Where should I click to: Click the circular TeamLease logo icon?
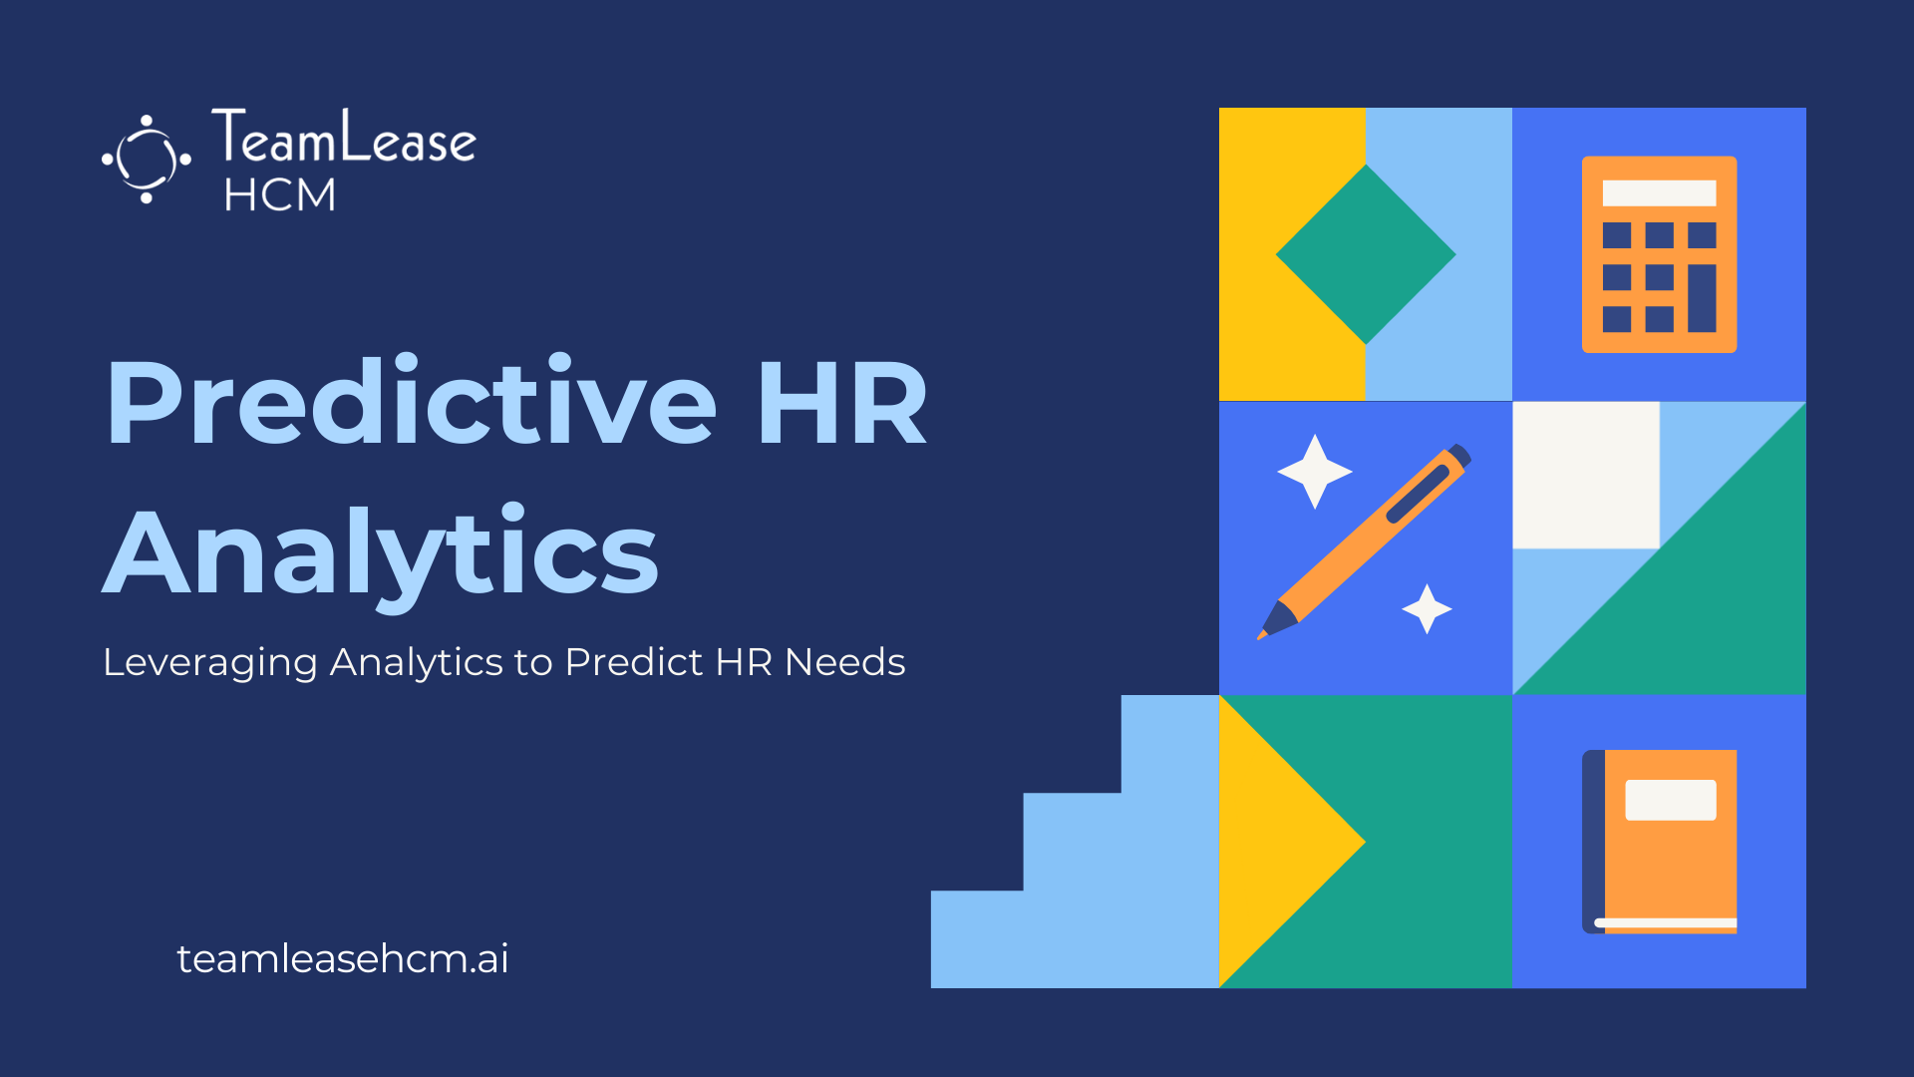(147, 160)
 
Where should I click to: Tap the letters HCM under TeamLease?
(280, 194)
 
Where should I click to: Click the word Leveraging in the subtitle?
(210, 663)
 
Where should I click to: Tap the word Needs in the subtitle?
(844, 662)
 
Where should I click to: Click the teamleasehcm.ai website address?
(343, 958)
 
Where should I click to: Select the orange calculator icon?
(1659, 254)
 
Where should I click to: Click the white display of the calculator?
(1659, 192)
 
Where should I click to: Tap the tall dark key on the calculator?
(1702, 298)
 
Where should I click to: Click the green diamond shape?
(1366, 254)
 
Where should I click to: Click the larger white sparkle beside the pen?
(1315, 472)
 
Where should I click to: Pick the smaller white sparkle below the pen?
(1427, 608)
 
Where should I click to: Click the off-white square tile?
(1586, 475)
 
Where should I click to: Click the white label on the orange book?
(1671, 800)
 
